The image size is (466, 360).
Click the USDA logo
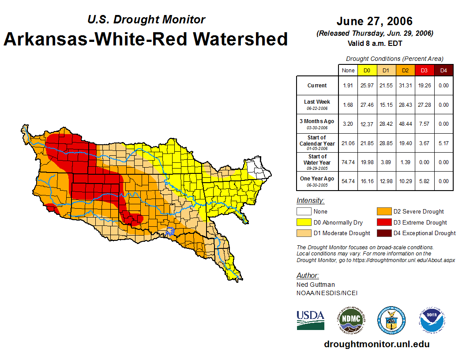pyautogui.click(x=310, y=320)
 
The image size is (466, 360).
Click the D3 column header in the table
pyautogui.click(x=424, y=71)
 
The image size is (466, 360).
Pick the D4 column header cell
pyautogui.click(x=443, y=71)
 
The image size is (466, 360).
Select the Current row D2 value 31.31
pyautogui.click(x=405, y=86)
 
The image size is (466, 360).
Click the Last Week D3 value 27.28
pyautogui.click(x=424, y=105)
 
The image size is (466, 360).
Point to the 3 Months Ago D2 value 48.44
pyautogui.click(x=405, y=124)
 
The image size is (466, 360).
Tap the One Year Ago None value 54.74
pyautogui.click(x=348, y=181)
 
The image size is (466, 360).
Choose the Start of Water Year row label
pyautogui.click(x=317, y=162)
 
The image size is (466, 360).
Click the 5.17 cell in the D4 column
pyautogui.click(x=443, y=143)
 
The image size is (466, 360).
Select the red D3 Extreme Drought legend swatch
pyautogui.click(x=383, y=222)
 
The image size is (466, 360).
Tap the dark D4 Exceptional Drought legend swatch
pyautogui.click(x=383, y=233)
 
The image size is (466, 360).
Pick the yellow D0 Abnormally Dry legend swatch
pyautogui.click(x=303, y=222)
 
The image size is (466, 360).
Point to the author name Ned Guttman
pyautogui.click(x=316, y=285)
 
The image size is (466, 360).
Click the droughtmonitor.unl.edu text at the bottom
pyautogui.click(x=376, y=344)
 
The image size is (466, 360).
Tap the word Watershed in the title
pyautogui.click(x=235, y=39)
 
